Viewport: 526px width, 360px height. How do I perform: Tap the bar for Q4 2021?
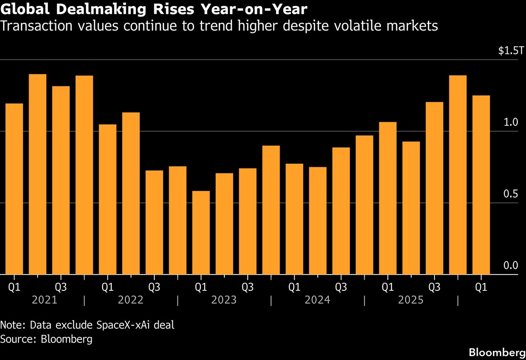[84, 175]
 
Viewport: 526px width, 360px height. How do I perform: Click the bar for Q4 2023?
[271, 210]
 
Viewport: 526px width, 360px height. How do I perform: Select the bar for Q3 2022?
[154, 222]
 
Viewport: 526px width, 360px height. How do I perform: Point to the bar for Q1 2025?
[387, 198]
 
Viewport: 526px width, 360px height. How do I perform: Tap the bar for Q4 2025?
[458, 175]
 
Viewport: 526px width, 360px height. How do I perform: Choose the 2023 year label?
[224, 300]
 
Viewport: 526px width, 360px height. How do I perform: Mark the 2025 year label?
[411, 300]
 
